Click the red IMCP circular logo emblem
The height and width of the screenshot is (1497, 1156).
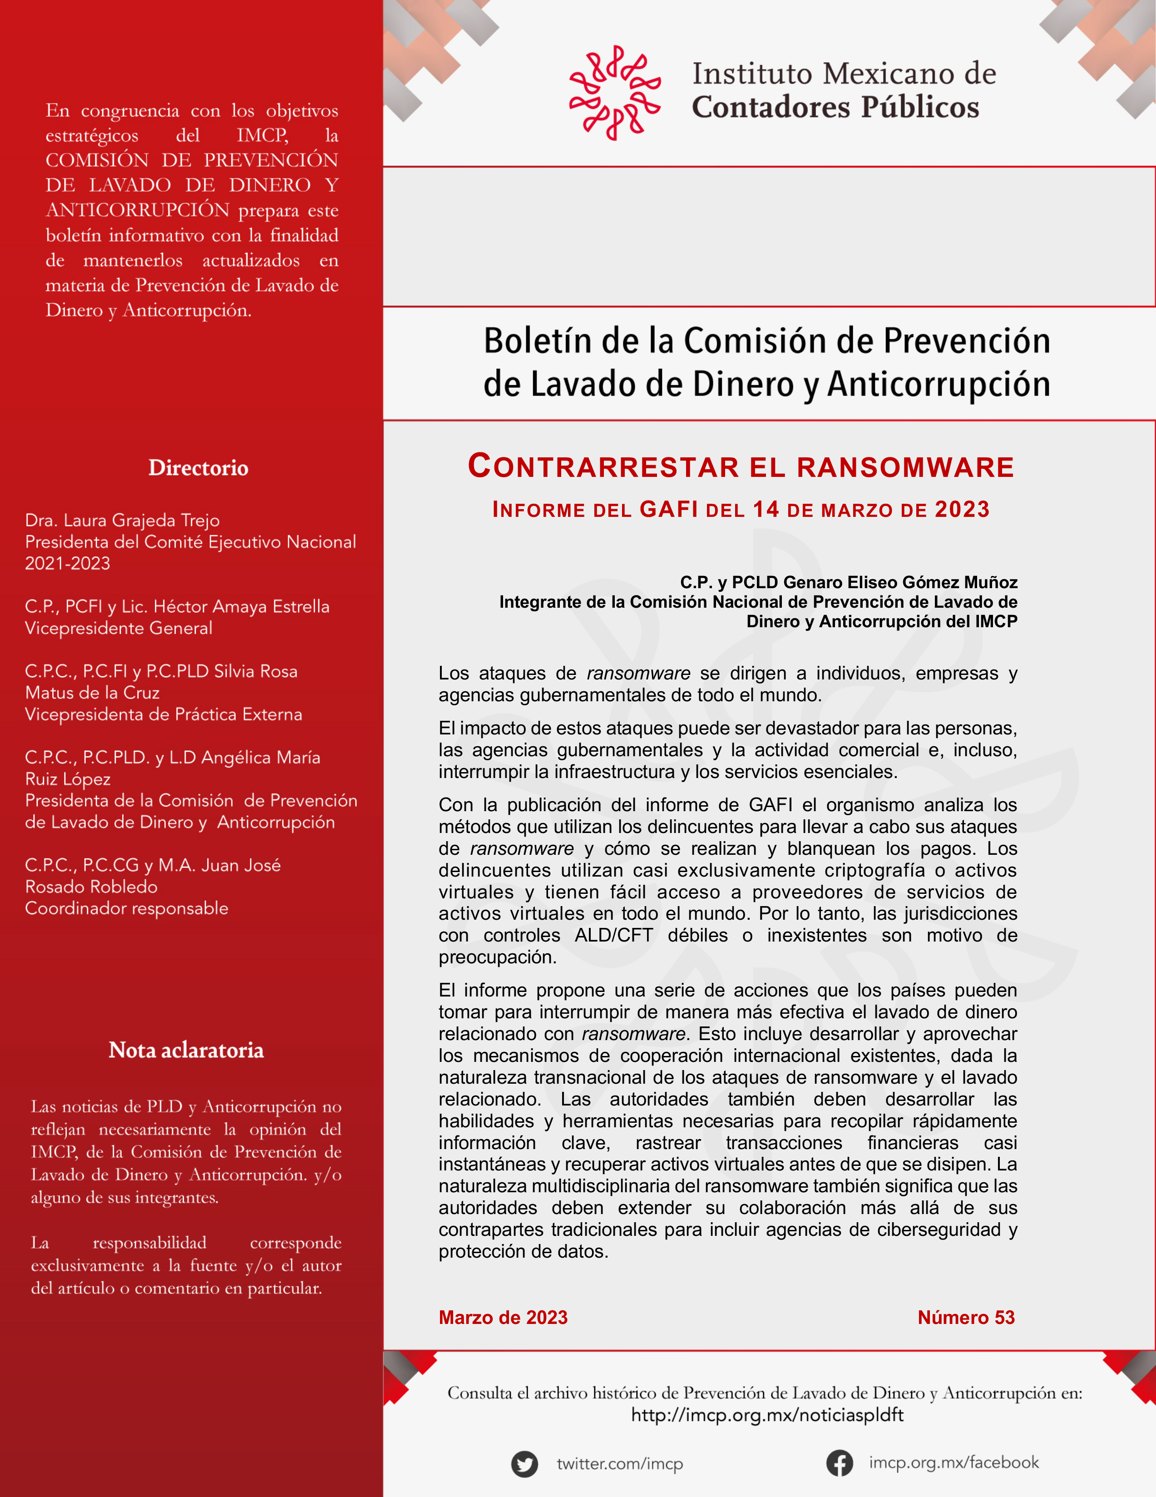615,93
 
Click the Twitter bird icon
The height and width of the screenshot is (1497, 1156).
524,1464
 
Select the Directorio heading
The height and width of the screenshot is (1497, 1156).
198,468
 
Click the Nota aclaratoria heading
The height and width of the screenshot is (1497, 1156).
186,1050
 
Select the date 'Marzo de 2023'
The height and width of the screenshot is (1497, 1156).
503,1318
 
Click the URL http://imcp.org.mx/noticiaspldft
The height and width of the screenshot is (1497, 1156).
767,1415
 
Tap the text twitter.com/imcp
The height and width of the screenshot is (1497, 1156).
619,1464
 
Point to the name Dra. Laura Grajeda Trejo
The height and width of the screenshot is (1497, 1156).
122,520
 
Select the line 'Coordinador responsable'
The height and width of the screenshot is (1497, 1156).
127,908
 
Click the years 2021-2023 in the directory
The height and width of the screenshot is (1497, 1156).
67,564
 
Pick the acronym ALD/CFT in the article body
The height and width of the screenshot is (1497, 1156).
613,936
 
